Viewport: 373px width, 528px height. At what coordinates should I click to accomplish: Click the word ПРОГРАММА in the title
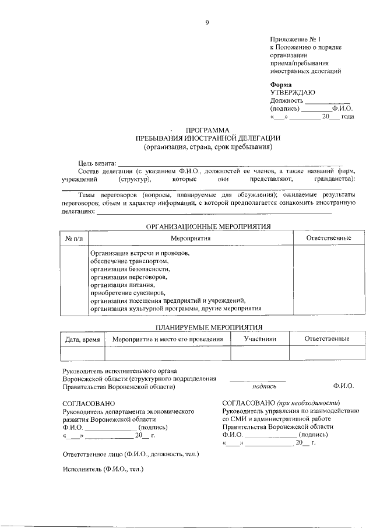point(207,130)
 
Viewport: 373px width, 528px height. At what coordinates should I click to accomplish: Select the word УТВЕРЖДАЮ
point(293,92)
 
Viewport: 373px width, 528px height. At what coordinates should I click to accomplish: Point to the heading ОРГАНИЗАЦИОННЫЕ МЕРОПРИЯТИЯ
point(208,226)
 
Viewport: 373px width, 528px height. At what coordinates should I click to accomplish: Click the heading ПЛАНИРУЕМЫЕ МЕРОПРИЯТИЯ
point(208,327)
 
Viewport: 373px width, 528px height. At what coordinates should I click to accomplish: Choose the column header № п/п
point(74,238)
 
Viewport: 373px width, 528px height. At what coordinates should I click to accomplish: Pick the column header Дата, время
point(82,339)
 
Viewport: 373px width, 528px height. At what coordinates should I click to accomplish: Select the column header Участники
point(260,338)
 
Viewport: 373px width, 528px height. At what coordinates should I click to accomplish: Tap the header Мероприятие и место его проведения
point(168,339)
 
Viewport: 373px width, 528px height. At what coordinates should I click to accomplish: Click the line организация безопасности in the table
point(130,269)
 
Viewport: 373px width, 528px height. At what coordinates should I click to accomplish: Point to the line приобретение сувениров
point(128,292)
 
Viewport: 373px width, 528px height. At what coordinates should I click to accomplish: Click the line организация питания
point(123,285)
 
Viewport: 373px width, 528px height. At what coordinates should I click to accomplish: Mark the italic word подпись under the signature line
point(264,386)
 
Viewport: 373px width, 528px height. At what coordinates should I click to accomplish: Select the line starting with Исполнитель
point(103,468)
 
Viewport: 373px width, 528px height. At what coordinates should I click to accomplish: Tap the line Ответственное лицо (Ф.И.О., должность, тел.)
point(131,453)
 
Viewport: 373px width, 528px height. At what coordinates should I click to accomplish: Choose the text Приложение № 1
point(296,39)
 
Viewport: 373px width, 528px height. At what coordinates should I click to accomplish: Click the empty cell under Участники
point(260,354)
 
